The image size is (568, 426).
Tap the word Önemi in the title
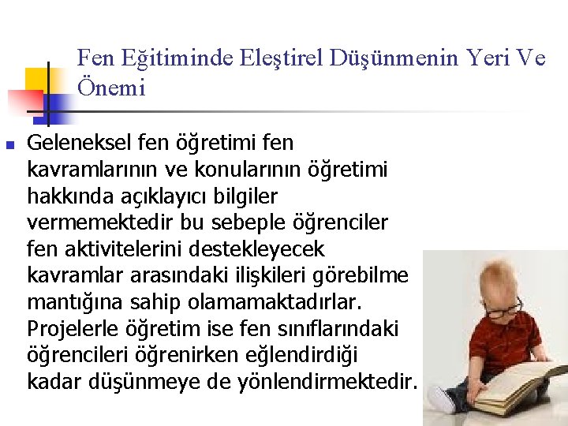pyautogui.click(x=111, y=88)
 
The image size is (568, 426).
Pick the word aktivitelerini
pyautogui.click(x=125, y=249)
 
